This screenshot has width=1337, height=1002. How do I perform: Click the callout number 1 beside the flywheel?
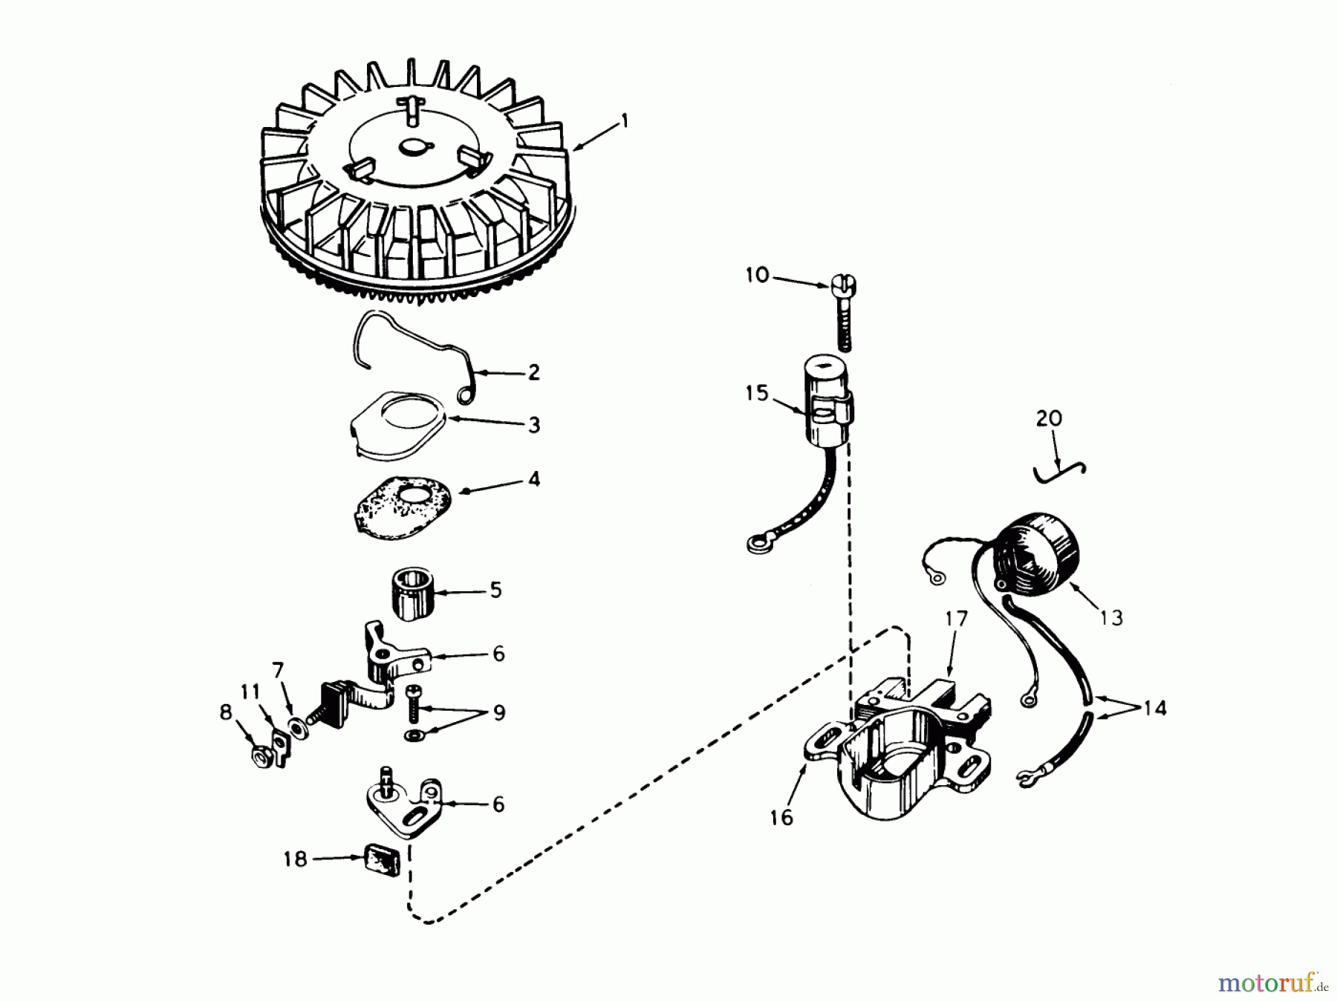point(625,120)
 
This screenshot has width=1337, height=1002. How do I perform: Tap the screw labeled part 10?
point(844,312)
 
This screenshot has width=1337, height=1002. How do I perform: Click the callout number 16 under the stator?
point(781,818)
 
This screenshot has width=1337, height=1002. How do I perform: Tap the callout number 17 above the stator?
point(957,618)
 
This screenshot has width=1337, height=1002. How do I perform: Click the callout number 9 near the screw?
point(499,712)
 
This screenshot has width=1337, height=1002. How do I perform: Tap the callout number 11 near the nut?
point(250,692)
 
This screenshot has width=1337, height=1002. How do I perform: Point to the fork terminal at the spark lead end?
point(1026,778)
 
